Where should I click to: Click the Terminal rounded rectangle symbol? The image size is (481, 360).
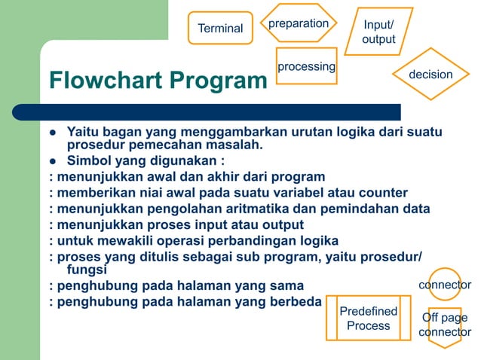[220, 28]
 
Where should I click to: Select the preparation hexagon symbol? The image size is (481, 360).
[299, 23]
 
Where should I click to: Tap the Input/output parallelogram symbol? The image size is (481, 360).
[378, 32]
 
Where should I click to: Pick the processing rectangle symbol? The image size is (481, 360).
[306, 67]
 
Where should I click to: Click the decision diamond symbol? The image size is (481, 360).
[430, 75]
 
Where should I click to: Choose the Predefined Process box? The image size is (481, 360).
[369, 318]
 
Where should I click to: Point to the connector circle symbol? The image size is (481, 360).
[445, 285]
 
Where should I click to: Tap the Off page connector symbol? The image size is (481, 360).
[445, 325]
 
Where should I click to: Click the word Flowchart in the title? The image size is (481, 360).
[106, 79]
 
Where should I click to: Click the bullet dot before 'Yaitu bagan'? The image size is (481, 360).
[54, 133]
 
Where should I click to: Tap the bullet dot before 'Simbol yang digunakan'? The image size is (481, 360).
[54, 161]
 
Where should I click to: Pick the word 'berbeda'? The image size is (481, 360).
[294, 302]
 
